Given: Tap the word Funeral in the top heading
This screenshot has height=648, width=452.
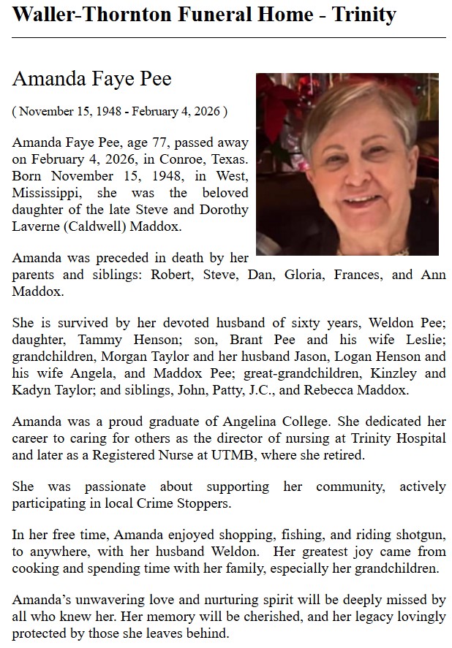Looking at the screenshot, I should click(206, 14).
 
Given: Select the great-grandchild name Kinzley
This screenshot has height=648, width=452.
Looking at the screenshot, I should click(398, 373).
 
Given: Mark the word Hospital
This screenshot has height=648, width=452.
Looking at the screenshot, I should click(421, 438).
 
